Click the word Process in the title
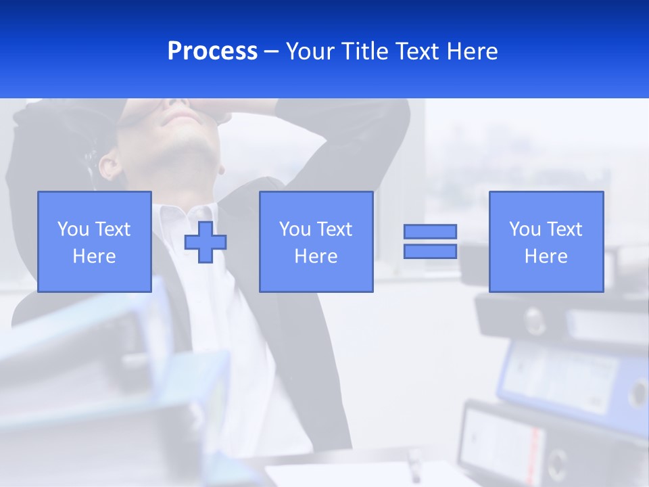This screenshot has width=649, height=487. point(212,51)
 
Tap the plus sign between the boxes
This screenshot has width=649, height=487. point(206,242)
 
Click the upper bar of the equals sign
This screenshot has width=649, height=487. point(430,232)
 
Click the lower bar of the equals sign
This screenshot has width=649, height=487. point(430,251)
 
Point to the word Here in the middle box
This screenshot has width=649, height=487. point(316,256)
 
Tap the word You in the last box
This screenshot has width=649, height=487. point(525,229)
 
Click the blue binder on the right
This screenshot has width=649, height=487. point(575,379)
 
